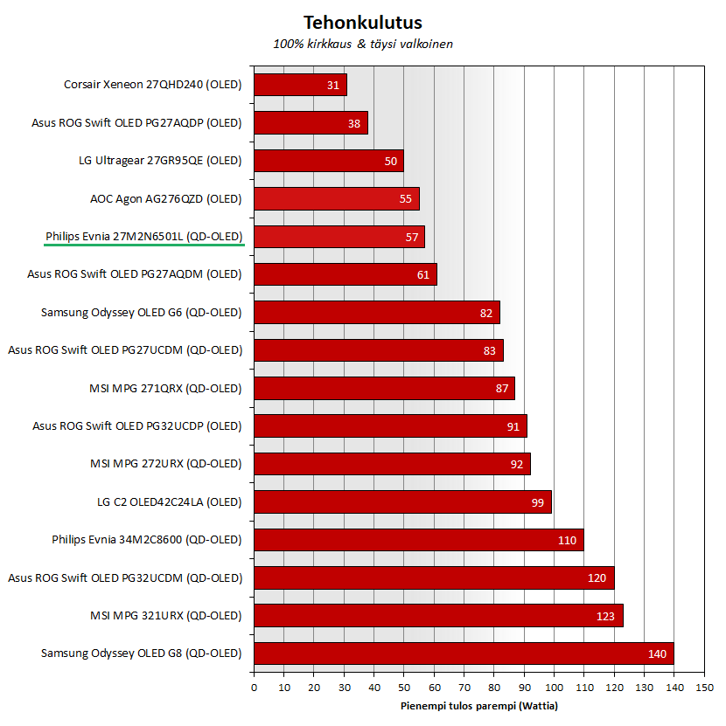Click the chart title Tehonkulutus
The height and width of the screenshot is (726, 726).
pos(362,22)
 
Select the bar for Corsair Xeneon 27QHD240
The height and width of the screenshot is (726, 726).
pos(300,85)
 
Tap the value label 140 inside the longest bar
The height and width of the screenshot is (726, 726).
pos(656,653)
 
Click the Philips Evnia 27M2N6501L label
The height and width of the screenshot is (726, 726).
pos(143,237)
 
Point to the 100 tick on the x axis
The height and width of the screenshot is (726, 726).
pos(554,688)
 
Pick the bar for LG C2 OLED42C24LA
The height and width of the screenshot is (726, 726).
pos(402,502)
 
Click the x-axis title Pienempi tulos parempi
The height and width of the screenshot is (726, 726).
pos(478,706)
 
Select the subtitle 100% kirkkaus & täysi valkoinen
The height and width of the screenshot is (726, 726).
pos(362,44)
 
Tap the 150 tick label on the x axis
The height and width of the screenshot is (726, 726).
pos(704,688)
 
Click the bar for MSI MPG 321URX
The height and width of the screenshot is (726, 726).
pos(437,616)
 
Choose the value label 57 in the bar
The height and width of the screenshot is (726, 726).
pos(412,237)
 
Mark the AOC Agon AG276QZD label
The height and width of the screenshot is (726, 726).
pos(165,199)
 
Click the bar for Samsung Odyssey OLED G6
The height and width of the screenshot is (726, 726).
pos(376,313)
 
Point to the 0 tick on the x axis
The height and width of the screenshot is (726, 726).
pos(254,688)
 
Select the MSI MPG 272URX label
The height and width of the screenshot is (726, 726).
pos(165,464)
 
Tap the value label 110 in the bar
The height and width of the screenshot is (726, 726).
pos(567,540)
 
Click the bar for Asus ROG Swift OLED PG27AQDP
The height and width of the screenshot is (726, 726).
pos(311,123)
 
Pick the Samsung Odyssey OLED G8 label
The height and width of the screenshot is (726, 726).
pos(141,653)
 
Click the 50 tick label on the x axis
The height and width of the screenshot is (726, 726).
pos(403,688)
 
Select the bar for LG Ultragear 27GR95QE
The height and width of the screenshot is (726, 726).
pos(328,161)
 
